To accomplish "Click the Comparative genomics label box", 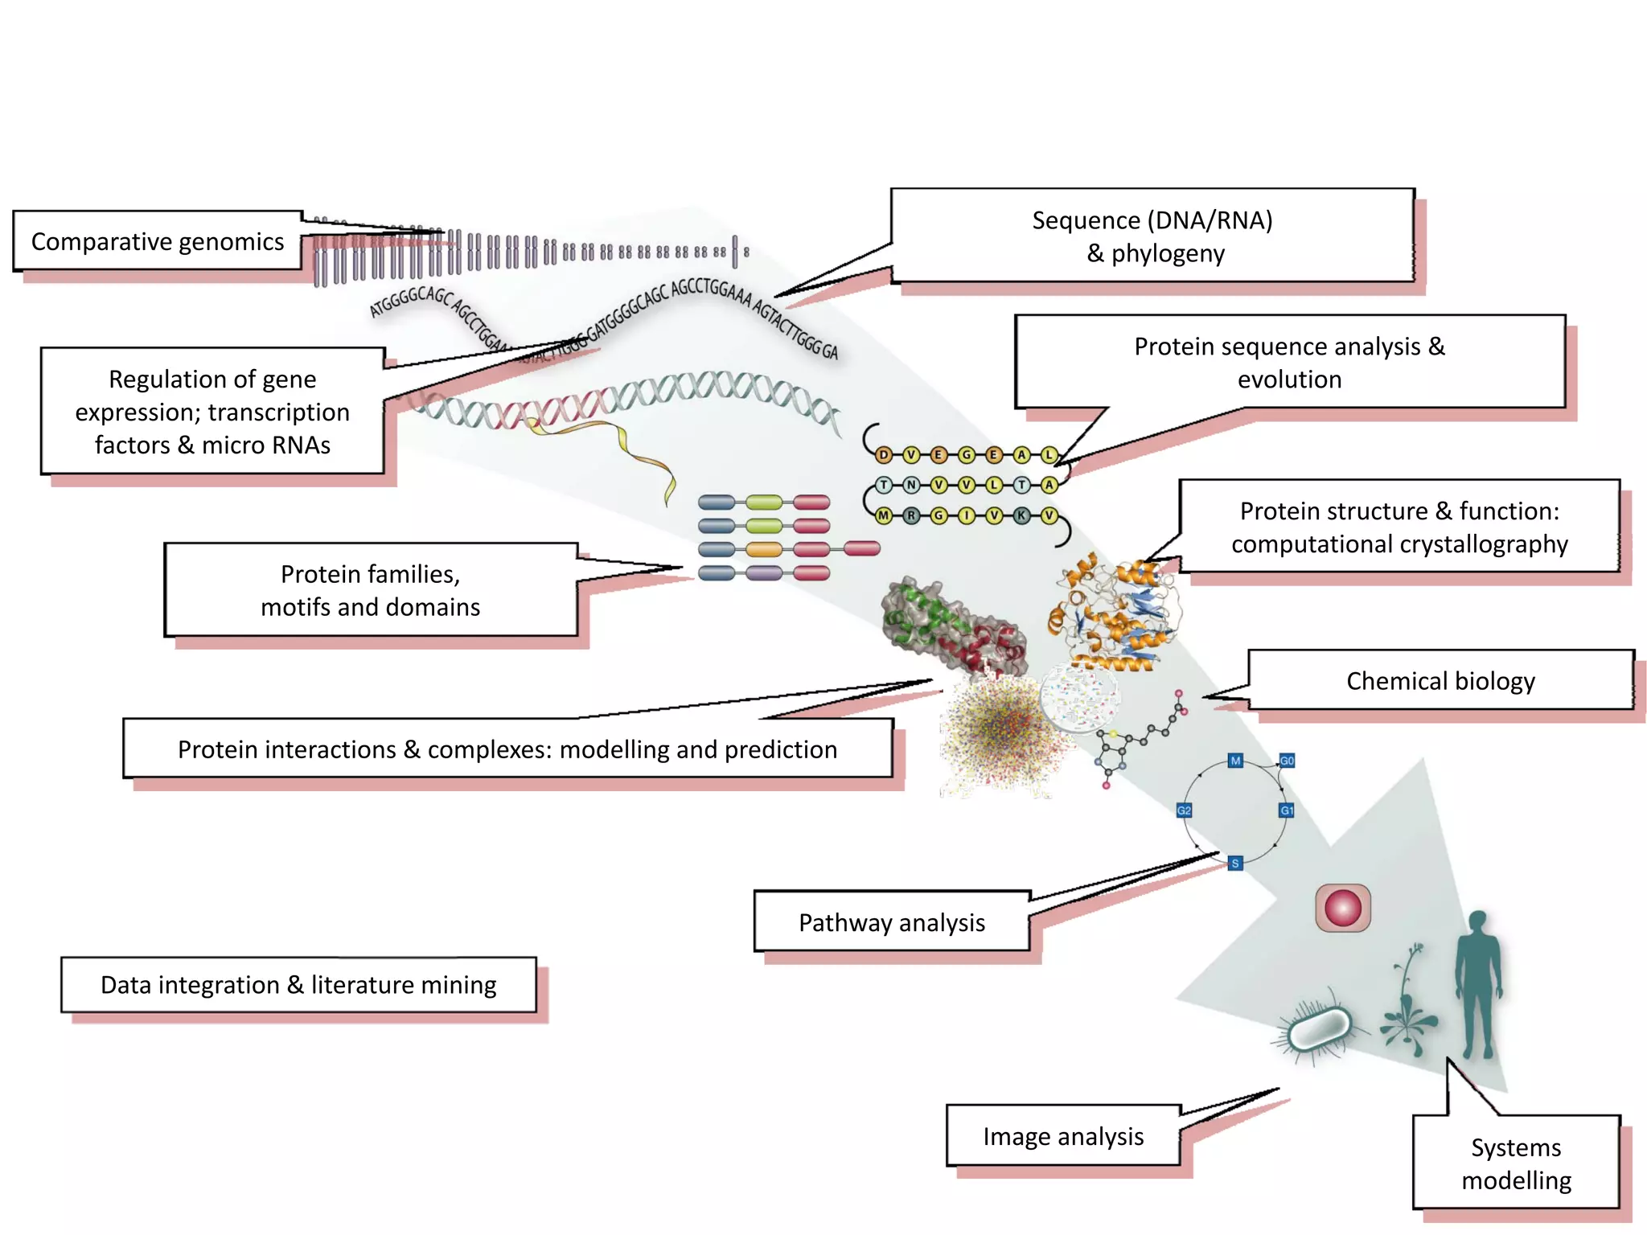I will point(158,241).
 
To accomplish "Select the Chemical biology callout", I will point(1440,681).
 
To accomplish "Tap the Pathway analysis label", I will point(891,922).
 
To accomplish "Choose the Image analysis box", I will point(1062,1136).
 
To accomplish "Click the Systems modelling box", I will point(1516,1163).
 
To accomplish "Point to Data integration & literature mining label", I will point(298,985).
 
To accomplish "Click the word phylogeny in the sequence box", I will point(1168,254).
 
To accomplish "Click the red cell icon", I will point(1343,909).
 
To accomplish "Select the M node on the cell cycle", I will point(1235,761).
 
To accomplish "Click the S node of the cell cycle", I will point(1235,864).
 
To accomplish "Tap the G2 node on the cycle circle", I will point(1184,810).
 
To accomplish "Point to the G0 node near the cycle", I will point(1287,761).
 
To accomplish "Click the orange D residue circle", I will point(884,455).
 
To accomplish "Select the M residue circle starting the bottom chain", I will point(884,515).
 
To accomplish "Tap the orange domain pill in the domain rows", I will point(764,550).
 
